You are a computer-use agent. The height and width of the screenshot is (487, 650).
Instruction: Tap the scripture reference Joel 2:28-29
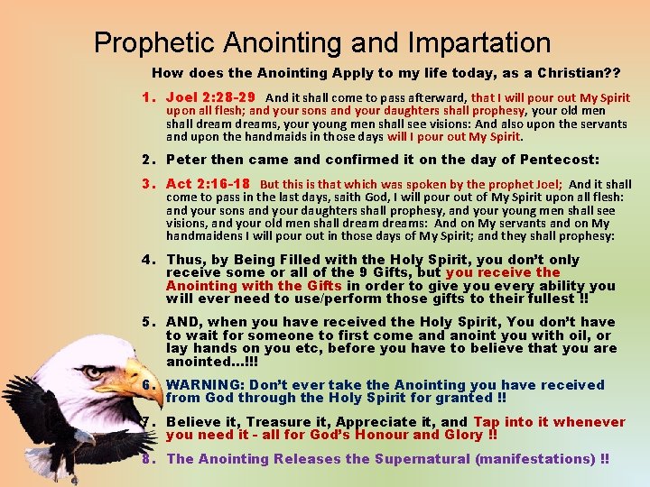pyautogui.click(x=210, y=97)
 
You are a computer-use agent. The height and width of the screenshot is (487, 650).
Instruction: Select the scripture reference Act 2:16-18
pyautogui.click(x=208, y=184)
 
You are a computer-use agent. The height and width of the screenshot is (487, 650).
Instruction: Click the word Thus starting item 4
pyautogui.click(x=185, y=260)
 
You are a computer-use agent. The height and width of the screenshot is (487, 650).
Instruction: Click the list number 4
pyautogui.click(x=145, y=260)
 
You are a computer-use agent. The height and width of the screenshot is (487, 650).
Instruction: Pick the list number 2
pyautogui.click(x=145, y=160)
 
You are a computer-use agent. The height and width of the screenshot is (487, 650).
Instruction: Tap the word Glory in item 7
pyautogui.click(x=461, y=434)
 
